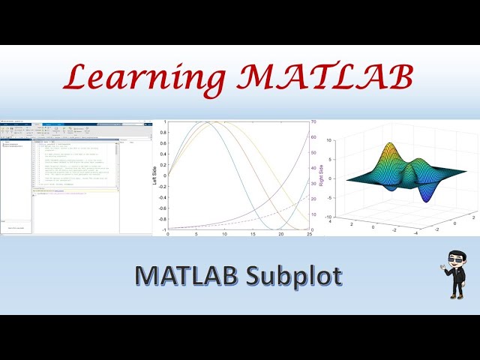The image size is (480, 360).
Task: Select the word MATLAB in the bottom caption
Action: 183,276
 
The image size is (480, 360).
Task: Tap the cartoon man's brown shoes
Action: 455,296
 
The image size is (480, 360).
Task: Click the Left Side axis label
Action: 155,177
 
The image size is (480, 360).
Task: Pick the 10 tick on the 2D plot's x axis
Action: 224,235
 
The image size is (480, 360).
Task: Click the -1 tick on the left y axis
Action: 163,229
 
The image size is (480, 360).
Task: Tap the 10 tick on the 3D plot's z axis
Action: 340,139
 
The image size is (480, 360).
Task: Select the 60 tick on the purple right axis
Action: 313,137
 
